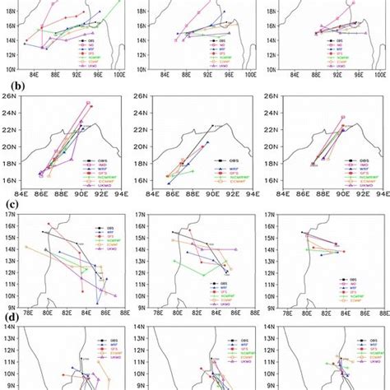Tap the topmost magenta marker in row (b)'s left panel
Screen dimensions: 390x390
tap(88, 103)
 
